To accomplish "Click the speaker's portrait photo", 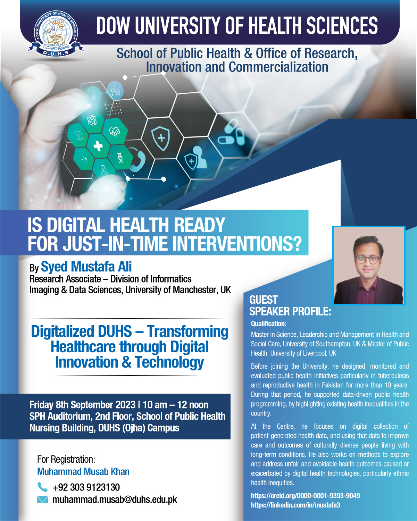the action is (x=369, y=265).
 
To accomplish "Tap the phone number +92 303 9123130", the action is (x=86, y=487).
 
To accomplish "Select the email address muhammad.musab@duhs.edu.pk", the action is (x=115, y=499).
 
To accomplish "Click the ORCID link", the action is (x=305, y=496).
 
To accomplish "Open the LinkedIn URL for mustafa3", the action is (x=295, y=505).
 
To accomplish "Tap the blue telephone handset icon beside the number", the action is (x=42, y=487).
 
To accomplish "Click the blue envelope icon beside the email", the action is (x=42, y=499).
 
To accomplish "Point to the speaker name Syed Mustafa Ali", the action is (x=86, y=267).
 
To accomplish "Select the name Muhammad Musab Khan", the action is (x=83, y=472).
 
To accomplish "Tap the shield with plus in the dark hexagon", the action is (x=160, y=138).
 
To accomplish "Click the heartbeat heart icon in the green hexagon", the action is (x=114, y=132).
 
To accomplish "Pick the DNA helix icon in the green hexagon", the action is (x=120, y=158).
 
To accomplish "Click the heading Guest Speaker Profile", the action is (x=290, y=305).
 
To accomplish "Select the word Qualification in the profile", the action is (x=268, y=324).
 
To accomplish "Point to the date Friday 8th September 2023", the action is (x=82, y=405).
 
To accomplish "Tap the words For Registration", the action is (x=66, y=459).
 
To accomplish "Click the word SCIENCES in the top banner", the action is (x=342, y=25).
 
